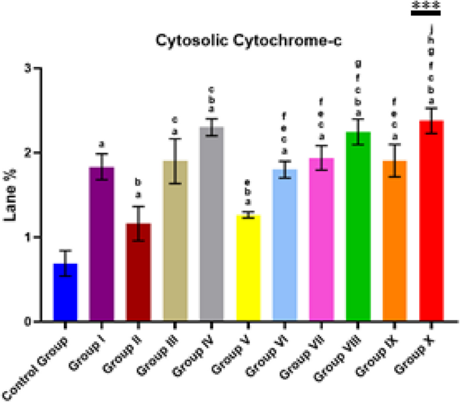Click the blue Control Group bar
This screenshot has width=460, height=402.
click(65, 293)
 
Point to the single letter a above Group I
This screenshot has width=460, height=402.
click(102, 144)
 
